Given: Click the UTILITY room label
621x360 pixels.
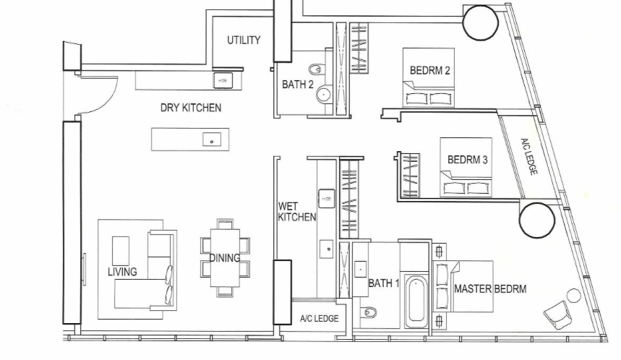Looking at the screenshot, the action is [244, 40].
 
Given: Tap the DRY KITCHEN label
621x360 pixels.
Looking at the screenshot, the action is [191, 108].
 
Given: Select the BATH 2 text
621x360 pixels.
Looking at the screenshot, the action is [298, 85].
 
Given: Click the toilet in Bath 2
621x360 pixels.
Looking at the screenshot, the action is [316, 70].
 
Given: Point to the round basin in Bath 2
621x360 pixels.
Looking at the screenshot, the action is [325, 94].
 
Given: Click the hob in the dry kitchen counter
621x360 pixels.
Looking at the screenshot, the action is [223, 80].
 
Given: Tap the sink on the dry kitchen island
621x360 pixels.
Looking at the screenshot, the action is [212, 140].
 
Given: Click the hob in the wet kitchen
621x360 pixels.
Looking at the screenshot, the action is [326, 199].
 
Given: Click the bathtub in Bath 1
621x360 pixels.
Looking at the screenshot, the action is [416, 300].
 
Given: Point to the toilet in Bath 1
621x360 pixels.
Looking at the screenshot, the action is [368, 312].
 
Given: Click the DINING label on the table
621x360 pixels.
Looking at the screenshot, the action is [225, 258].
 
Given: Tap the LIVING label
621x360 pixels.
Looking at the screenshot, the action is [122, 272].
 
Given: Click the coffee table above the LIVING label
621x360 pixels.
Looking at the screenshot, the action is [121, 251].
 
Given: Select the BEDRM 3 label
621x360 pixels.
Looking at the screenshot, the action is [467, 160].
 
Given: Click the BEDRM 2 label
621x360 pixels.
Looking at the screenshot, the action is [429, 71].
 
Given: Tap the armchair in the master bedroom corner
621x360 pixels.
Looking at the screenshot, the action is [557, 314].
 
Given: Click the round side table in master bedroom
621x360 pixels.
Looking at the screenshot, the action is [573, 296].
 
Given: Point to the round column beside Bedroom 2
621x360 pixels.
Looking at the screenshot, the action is [481, 22].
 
